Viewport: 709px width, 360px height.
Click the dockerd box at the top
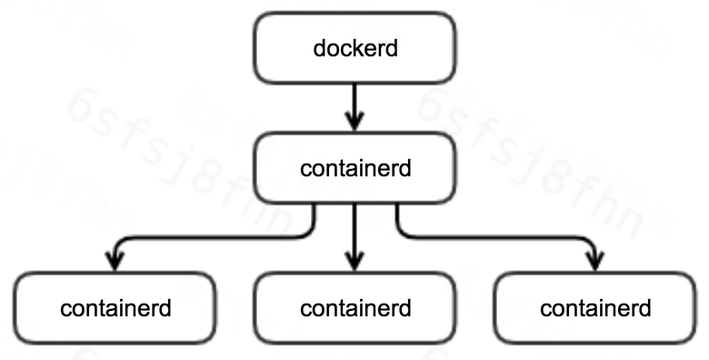click(x=354, y=47)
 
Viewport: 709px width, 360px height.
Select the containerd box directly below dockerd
click(x=354, y=168)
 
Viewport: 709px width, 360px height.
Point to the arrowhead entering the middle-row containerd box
click(x=354, y=122)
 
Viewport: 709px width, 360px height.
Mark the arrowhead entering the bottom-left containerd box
click(x=115, y=262)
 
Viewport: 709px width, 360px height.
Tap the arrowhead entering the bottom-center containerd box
click(x=354, y=262)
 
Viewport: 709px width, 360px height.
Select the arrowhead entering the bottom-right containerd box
click(x=594, y=262)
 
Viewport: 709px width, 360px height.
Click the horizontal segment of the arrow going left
click(x=209, y=238)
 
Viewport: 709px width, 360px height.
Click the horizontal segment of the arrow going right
click(x=500, y=238)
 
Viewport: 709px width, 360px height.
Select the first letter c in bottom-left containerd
click(x=65, y=309)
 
